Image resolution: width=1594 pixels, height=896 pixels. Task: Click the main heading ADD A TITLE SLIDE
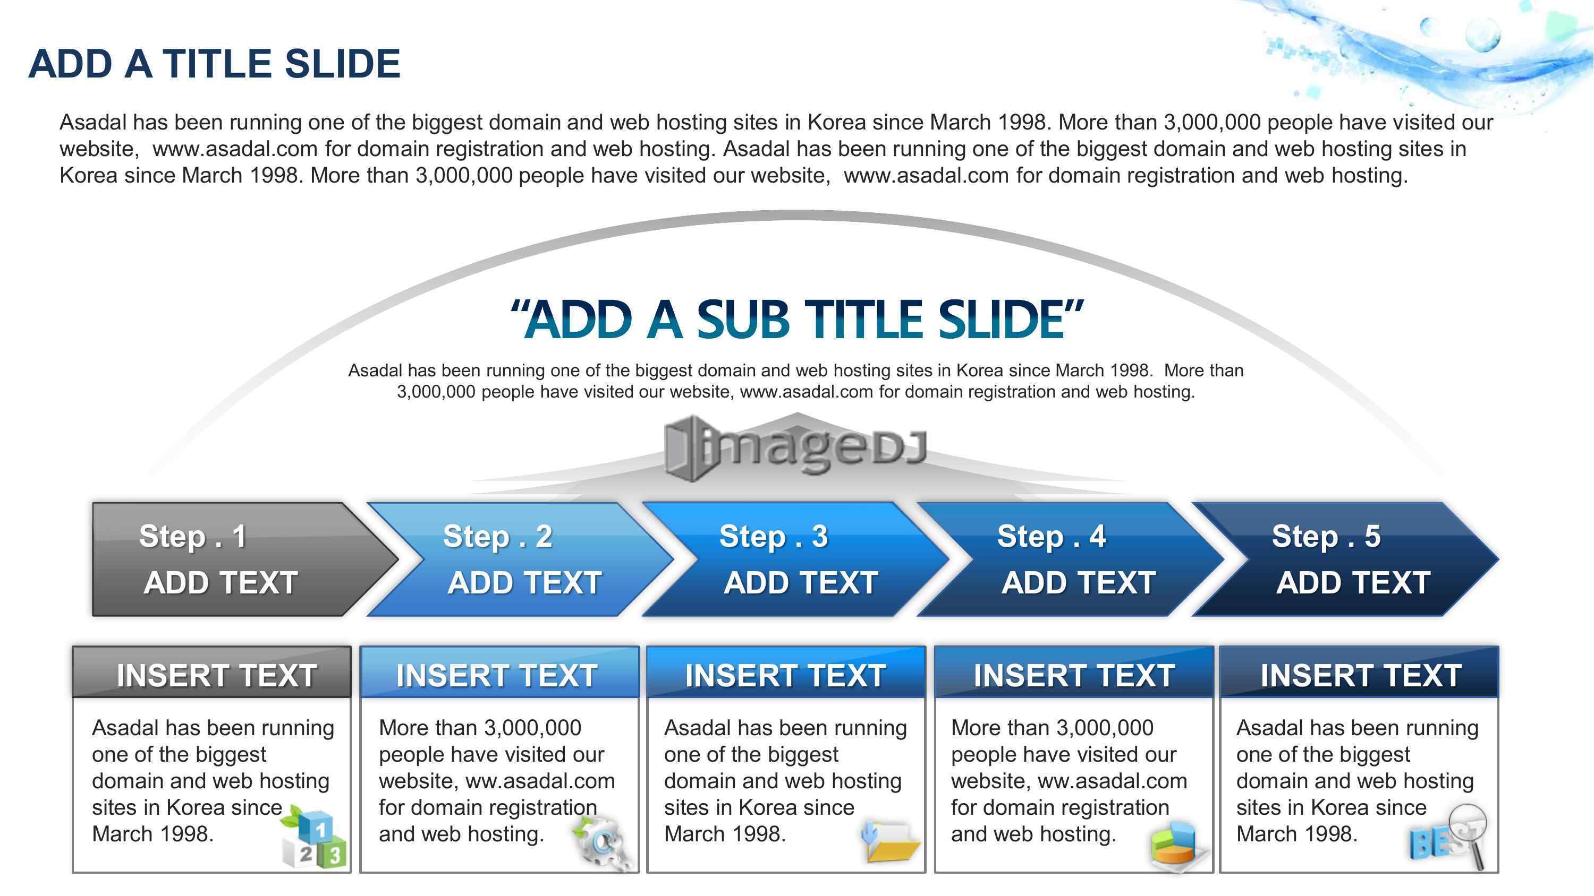[214, 64]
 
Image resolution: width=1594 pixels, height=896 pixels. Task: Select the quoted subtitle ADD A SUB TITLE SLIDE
[796, 320]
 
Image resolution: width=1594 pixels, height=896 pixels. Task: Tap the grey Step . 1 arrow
[245, 559]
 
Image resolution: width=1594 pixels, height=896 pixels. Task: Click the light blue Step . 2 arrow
[520, 559]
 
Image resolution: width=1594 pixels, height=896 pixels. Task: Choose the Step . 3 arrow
[795, 559]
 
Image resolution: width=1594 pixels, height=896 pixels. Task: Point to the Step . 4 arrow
[1071, 559]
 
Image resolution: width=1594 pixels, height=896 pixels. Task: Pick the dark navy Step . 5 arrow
[1345, 559]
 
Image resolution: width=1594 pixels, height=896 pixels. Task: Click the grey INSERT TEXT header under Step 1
[211, 672]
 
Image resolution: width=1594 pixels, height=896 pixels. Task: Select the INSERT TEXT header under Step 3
[786, 672]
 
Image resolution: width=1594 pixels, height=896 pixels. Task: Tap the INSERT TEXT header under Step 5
[1360, 672]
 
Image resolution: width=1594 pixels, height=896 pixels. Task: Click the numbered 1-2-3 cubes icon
[313, 837]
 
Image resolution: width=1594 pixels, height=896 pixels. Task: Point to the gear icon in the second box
[602, 843]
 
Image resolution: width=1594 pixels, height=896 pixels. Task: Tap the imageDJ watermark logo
[796, 447]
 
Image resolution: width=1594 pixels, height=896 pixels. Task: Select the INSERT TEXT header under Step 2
[499, 672]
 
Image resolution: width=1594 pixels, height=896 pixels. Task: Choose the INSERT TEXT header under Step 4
[1074, 672]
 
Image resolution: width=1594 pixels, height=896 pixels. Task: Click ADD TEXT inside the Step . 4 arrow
[1079, 582]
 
